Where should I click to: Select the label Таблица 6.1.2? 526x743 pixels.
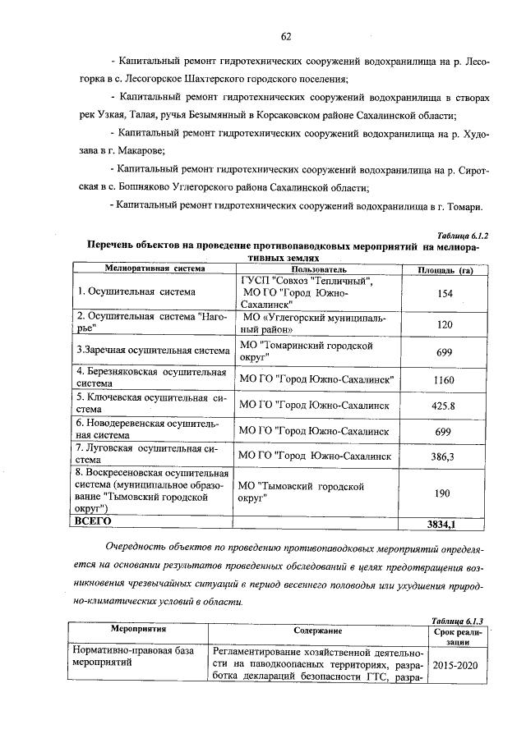(464, 235)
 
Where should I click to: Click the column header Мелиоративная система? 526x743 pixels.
(154, 268)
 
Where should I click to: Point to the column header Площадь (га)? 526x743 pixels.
(444, 268)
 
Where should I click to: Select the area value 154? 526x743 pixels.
(445, 293)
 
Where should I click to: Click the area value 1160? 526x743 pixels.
(445, 380)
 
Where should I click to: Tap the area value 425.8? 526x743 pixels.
(445, 406)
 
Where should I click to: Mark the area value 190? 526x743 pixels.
(445, 492)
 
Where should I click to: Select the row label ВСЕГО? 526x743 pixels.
(93, 521)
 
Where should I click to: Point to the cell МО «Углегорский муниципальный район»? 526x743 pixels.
(314, 323)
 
